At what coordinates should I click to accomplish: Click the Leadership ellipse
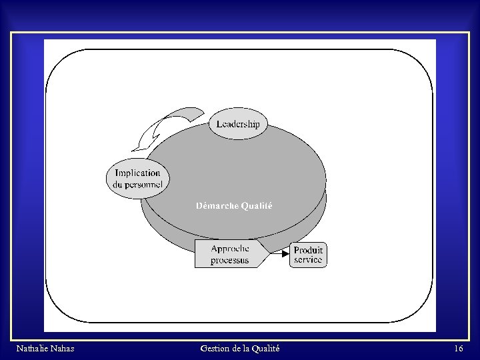click(238, 124)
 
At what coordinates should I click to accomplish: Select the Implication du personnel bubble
click(138, 179)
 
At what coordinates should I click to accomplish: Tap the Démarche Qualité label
click(234, 206)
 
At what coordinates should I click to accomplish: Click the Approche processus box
click(230, 254)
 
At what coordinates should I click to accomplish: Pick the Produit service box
click(308, 255)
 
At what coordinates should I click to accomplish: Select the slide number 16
click(458, 349)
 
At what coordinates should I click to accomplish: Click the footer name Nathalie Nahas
click(45, 349)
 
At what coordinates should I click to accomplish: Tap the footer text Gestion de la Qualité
click(239, 349)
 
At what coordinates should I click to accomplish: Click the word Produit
click(309, 251)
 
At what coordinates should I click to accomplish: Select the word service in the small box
click(307, 259)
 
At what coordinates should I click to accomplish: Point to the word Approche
click(230, 249)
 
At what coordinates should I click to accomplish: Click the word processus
click(230, 260)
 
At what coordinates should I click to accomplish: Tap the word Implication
click(138, 173)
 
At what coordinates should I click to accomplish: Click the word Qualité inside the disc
click(257, 206)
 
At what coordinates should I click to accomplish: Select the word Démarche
click(217, 206)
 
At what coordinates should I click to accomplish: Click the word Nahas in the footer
click(61, 349)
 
